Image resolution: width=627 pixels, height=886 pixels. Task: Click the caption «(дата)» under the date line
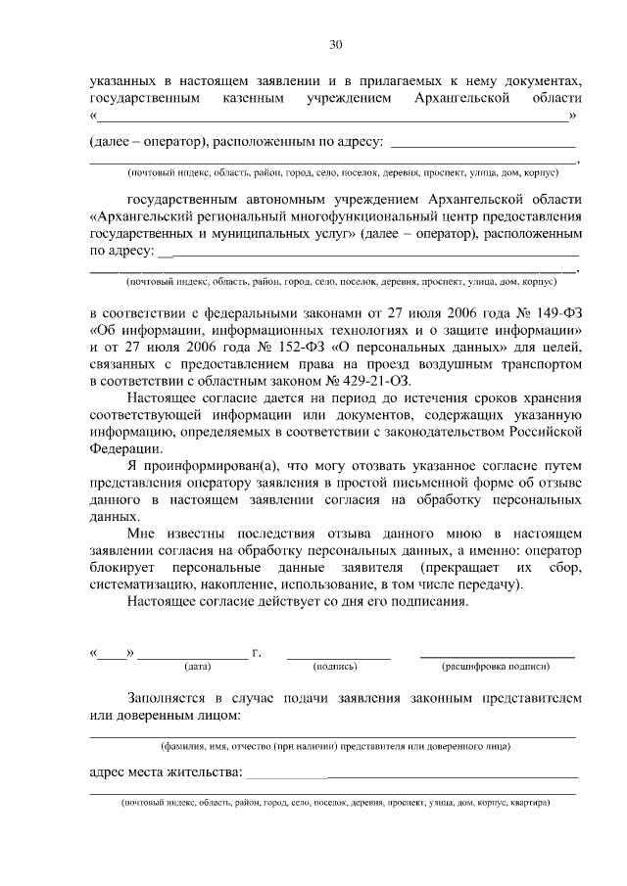pos(198,667)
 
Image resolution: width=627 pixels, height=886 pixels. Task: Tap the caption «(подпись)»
pos(335,667)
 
